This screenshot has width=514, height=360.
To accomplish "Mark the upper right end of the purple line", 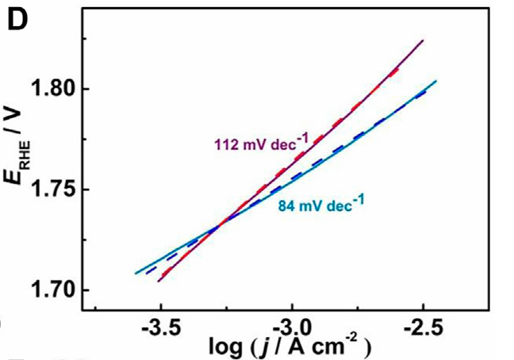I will point(423,40).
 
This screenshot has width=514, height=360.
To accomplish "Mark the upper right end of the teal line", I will point(436,81).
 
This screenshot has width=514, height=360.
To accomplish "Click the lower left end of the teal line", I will point(136,274).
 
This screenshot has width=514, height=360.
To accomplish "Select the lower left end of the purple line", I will point(159,281).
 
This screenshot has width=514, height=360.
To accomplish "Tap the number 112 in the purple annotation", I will point(227,144).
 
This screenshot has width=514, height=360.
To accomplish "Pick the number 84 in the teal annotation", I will point(287,208).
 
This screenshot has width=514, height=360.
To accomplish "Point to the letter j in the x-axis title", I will point(271,347).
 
